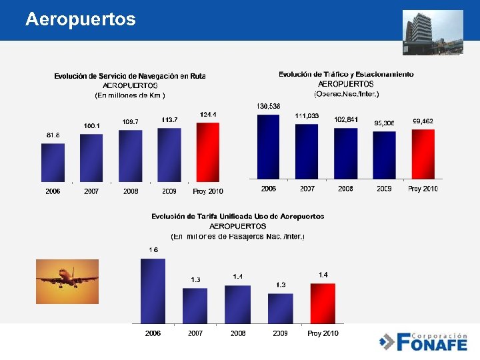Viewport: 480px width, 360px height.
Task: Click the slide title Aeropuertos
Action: tap(80, 19)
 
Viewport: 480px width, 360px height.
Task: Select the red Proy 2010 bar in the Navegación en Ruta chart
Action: tap(207, 151)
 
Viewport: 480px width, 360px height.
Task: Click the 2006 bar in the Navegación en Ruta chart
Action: tap(53, 162)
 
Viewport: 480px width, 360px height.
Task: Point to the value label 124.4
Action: tap(208, 115)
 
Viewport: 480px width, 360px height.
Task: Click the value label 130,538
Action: tap(268, 107)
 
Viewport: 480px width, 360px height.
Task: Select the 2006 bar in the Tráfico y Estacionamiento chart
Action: tap(268, 146)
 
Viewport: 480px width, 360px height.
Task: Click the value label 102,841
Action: tap(346, 119)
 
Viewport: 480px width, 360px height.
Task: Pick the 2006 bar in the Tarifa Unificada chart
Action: tap(153, 291)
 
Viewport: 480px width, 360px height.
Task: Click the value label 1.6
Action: tap(153, 250)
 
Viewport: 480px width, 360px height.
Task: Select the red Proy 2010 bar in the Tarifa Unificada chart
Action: tap(323, 303)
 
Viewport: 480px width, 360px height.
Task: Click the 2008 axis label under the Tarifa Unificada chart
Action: tap(238, 333)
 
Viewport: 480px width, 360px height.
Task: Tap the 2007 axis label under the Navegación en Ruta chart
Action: tap(92, 191)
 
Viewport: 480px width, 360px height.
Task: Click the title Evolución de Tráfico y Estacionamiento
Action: tap(346, 74)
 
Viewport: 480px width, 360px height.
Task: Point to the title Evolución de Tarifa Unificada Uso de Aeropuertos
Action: tap(238, 217)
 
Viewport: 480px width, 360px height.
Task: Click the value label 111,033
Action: tap(307, 116)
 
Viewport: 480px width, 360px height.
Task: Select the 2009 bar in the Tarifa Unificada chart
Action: tap(281, 309)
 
